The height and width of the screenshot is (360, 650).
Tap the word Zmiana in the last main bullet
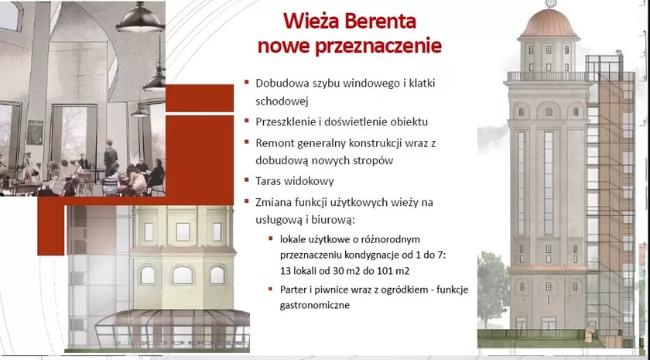(x=274, y=202)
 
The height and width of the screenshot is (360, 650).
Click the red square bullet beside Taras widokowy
(x=246, y=182)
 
